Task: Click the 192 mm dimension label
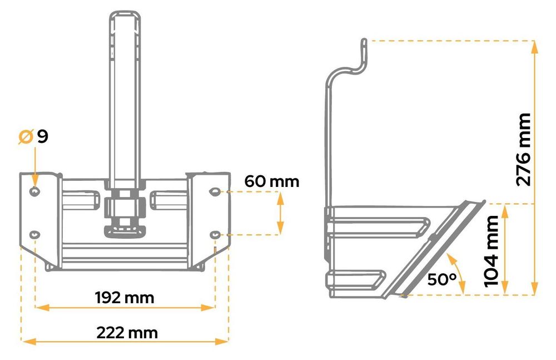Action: [125, 298]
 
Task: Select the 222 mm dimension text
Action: [127, 333]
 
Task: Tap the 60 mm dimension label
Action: [272, 181]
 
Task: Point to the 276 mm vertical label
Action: [524, 150]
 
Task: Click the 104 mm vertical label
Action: [492, 251]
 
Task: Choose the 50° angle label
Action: [442, 280]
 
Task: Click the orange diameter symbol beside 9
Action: [26, 137]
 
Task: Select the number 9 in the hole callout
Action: [43, 137]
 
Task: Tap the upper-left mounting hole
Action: [34, 192]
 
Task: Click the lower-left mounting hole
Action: [34, 235]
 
